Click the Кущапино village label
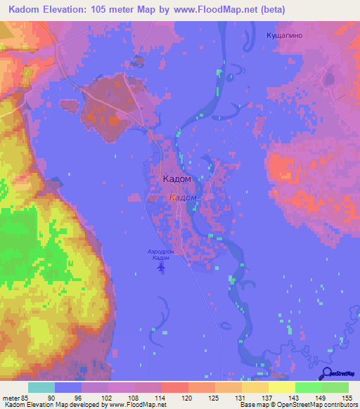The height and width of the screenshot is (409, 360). click(286, 34)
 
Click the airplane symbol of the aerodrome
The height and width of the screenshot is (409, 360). click(162, 266)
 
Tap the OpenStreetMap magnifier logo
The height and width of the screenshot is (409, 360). click(328, 373)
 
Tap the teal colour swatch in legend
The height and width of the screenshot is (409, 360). click(41, 387)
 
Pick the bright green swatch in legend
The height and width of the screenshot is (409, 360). click(308, 387)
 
